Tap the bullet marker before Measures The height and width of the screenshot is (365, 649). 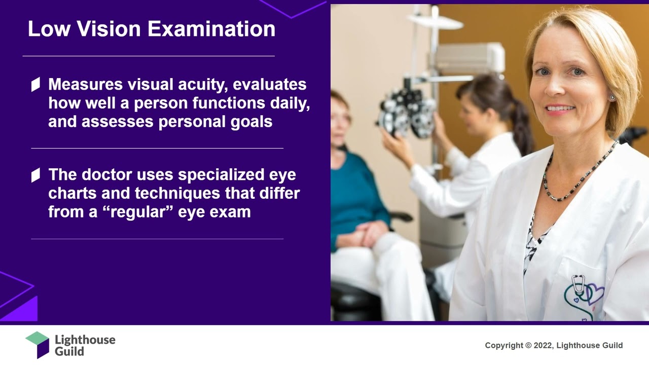pyautogui.click(x=35, y=85)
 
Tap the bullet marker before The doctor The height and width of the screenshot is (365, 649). pyautogui.click(x=35, y=175)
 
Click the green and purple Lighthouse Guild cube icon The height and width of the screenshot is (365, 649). pyautogui.click(x=38, y=344)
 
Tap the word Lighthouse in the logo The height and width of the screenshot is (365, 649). pyautogui.click(x=85, y=340)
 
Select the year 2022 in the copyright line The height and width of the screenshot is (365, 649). pyautogui.click(x=541, y=346)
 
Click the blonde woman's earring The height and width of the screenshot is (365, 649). pyautogui.click(x=611, y=97)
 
